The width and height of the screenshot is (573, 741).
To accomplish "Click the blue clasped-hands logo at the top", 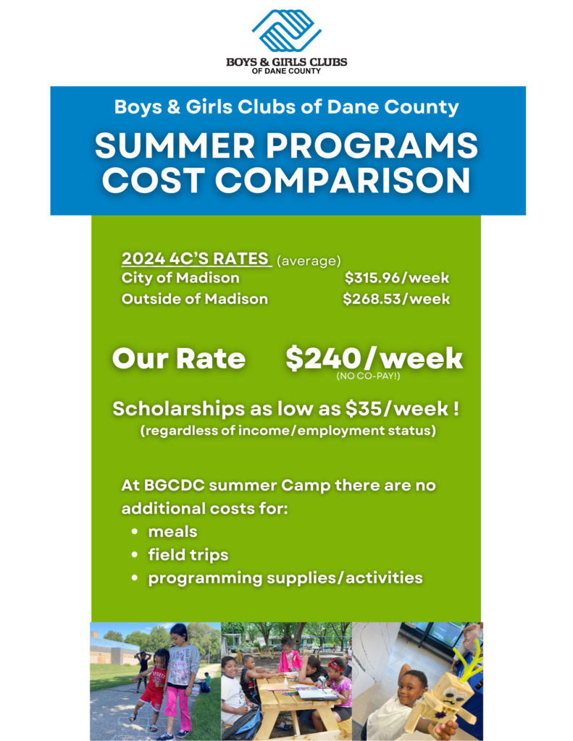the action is [286, 30].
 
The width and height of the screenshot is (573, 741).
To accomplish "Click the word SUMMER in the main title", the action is [175, 145].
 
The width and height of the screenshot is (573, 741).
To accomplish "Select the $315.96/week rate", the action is [396, 278].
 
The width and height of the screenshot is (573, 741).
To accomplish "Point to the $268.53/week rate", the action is [396, 299].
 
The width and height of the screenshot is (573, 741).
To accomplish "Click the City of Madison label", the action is [180, 278].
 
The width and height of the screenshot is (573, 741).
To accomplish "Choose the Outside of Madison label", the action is [194, 299].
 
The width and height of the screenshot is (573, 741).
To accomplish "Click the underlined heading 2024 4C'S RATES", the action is [196, 258].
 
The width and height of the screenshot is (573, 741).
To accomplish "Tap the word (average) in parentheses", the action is [309, 261].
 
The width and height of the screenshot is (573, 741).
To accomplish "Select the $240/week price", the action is [374, 358].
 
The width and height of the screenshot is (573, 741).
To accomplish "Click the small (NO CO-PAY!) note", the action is [368, 376].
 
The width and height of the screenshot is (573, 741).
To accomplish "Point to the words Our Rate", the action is [179, 358].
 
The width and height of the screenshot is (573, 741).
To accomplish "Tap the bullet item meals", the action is [172, 532].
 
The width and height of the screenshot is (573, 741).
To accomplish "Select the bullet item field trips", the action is [188, 555].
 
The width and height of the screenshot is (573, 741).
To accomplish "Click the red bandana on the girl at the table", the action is [336, 664].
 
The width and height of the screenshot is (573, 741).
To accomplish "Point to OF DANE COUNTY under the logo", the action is [286, 71].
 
